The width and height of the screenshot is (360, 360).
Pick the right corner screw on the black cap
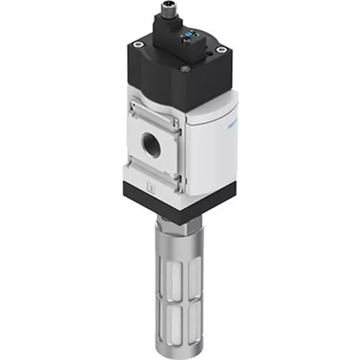221,50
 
